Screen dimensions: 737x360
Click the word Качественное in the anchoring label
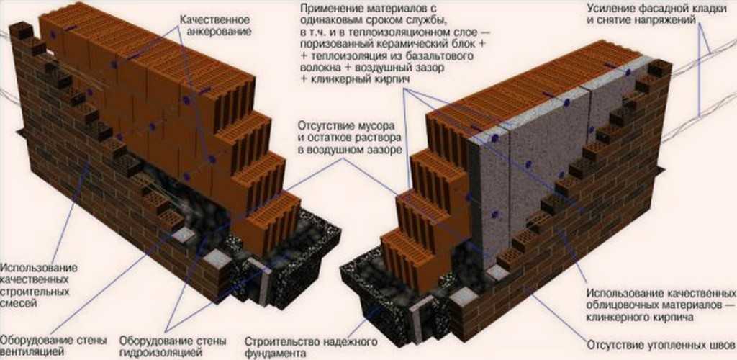click(214, 21)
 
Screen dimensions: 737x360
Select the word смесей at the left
click(18, 304)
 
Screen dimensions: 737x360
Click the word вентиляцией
click(32, 351)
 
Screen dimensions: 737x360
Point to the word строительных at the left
click(36, 292)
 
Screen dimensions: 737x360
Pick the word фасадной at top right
click(660, 9)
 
